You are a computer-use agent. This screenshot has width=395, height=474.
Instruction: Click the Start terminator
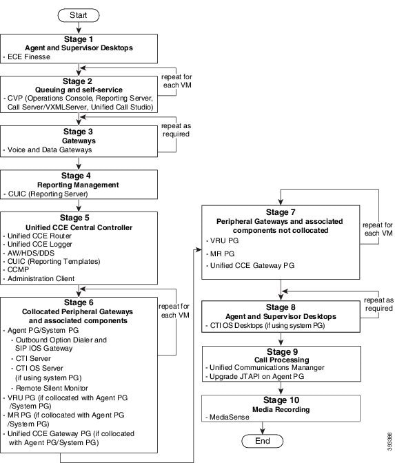click(x=79, y=15)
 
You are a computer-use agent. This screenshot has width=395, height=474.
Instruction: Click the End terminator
click(x=262, y=441)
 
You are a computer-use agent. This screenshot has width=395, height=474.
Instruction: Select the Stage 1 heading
click(x=79, y=39)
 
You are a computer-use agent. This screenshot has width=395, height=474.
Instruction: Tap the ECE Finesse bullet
click(x=29, y=56)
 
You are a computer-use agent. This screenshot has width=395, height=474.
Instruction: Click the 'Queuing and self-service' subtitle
click(x=79, y=90)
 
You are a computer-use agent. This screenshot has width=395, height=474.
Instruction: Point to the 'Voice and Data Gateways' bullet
click(x=50, y=150)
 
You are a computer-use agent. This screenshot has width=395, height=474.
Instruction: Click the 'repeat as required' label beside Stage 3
click(x=176, y=130)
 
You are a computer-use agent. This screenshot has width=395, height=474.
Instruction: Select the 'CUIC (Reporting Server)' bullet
click(x=48, y=194)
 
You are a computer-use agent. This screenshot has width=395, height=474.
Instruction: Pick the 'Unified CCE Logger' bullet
click(x=40, y=245)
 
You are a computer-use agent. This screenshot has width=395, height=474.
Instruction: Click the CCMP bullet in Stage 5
click(x=18, y=269)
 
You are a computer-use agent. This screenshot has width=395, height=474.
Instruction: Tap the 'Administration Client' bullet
click(x=41, y=279)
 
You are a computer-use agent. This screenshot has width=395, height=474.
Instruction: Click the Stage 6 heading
click(x=79, y=302)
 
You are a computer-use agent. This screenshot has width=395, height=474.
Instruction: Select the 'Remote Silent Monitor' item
click(x=52, y=388)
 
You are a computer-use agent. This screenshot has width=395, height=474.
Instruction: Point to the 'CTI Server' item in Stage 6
click(x=33, y=359)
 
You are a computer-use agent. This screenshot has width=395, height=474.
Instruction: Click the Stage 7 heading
click(x=281, y=212)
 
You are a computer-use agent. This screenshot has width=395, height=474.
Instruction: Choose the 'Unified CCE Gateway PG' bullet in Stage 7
click(x=252, y=266)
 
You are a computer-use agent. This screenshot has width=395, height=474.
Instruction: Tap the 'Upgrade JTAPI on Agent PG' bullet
click(x=256, y=377)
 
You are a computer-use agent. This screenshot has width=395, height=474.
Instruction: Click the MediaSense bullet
click(x=230, y=418)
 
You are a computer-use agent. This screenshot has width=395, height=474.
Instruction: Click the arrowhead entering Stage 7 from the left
click(x=199, y=249)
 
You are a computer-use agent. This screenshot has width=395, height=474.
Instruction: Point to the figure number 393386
click(x=389, y=442)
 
